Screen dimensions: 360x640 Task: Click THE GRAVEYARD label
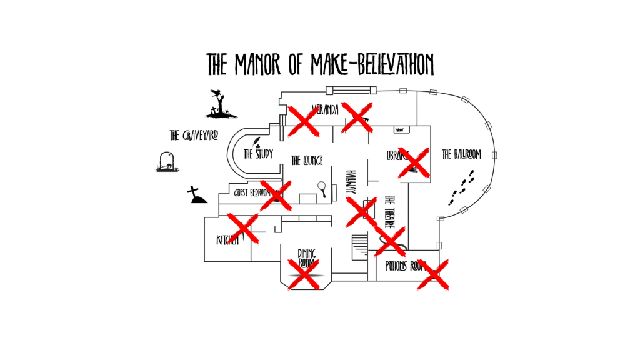click(x=194, y=135)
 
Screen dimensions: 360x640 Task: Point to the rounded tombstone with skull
click(x=166, y=162)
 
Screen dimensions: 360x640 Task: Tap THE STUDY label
click(x=258, y=154)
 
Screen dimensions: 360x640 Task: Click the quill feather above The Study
click(x=257, y=142)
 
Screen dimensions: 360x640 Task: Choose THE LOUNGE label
click(x=307, y=161)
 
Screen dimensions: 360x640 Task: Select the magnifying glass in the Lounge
click(x=322, y=187)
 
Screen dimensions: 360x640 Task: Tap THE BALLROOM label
click(x=461, y=154)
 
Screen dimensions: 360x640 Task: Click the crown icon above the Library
click(x=401, y=129)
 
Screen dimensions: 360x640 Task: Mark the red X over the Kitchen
click(x=242, y=227)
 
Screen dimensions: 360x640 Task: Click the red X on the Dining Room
click(x=304, y=274)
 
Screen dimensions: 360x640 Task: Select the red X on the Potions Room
click(x=433, y=274)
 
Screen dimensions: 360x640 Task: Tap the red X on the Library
click(x=414, y=162)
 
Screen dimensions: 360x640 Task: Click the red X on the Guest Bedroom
click(x=276, y=196)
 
